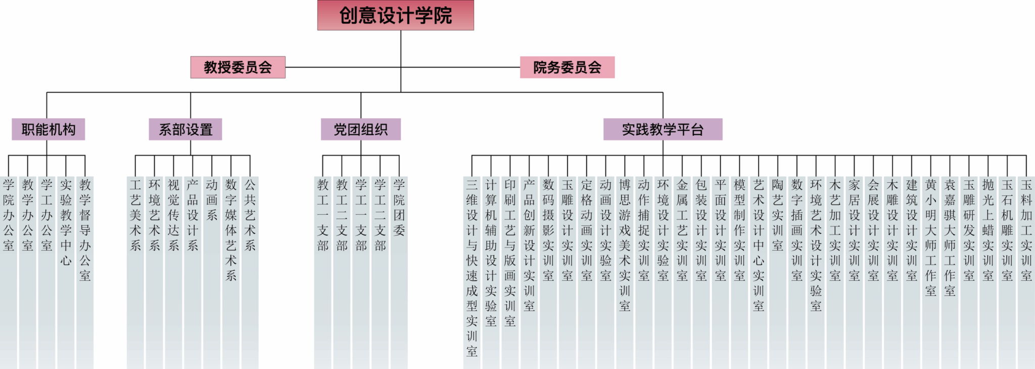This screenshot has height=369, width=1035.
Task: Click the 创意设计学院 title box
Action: [x=395, y=15]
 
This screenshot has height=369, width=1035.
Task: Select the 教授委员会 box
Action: [x=238, y=67]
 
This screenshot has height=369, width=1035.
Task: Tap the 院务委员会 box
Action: [x=567, y=67]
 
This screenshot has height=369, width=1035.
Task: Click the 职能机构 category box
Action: [x=49, y=130]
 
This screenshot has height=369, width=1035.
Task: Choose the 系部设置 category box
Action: [x=185, y=130]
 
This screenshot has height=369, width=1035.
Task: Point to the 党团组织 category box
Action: [x=361, y=130]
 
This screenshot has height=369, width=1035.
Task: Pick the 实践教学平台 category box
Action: [x=663, y=130]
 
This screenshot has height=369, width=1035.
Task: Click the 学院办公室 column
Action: [x=9, y=215]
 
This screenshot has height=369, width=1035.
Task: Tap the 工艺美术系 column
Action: [x=135, y=215]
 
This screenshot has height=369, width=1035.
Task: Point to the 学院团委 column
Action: [x=399, y=208]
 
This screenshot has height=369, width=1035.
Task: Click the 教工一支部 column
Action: [x=323, y=215]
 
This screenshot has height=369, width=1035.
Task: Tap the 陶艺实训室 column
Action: [x=778, y=215]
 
